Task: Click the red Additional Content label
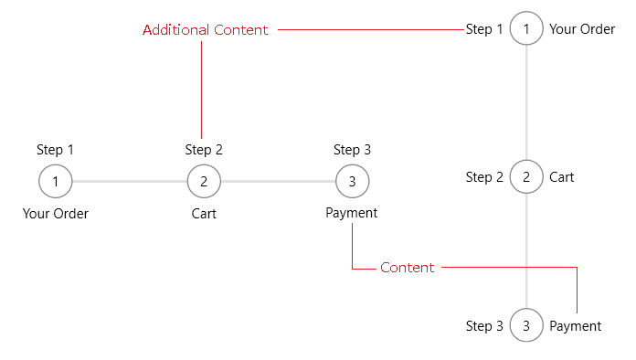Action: (x=206, y=30)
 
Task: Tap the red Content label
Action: (x=408, y=268)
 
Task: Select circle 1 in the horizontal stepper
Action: (x=56, y=182)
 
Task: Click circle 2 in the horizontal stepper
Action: (x=204, y=182)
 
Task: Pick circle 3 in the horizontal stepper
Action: (x=352, y=182)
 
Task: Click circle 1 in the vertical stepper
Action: (x=526, y=29)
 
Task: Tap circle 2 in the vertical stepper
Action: (x=526, y=176)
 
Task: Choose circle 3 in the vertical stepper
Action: (x=526, y=325)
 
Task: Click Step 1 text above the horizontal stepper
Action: (x=56, y=150)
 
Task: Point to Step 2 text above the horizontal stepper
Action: (x=204, y=150)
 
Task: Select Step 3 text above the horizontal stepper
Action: (x=352, y=150)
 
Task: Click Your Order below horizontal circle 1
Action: (x=56, y=215)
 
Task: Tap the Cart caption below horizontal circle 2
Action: (x=204, y=215)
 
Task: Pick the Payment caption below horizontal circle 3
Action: (x=352, y=214)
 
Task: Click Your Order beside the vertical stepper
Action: (x=582, y=29)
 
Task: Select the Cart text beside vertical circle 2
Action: (x=562, y=177)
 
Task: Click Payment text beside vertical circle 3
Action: (x=575, y=326)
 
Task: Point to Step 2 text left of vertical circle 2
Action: (x=484, y=177)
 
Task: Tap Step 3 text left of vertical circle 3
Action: (x=484, y=326)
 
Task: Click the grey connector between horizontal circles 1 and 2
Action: (x=130, y=182)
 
